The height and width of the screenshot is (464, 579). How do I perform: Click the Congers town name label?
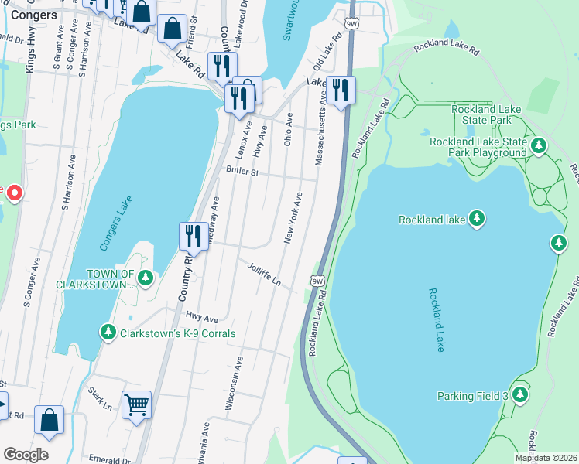(34, 15)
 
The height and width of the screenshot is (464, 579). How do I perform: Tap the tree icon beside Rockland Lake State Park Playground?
(539, 145)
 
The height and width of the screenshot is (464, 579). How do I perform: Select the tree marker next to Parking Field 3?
(519, 395)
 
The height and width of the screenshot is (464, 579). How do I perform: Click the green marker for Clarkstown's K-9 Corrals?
(108, 333)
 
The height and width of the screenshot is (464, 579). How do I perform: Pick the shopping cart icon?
(136, 404)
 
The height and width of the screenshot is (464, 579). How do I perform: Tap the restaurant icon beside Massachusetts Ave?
(340, 90)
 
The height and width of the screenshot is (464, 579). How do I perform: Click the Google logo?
(25, 455)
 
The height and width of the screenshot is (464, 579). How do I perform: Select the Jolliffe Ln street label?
(263, 274)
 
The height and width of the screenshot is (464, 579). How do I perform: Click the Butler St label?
(242, 171)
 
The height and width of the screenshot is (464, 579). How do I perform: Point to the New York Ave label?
(293, 219)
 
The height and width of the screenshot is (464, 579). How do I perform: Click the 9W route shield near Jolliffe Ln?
(317, 281)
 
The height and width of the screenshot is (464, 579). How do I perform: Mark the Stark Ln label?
(100, 399)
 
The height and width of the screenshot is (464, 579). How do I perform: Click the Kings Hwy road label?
(30, 52)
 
